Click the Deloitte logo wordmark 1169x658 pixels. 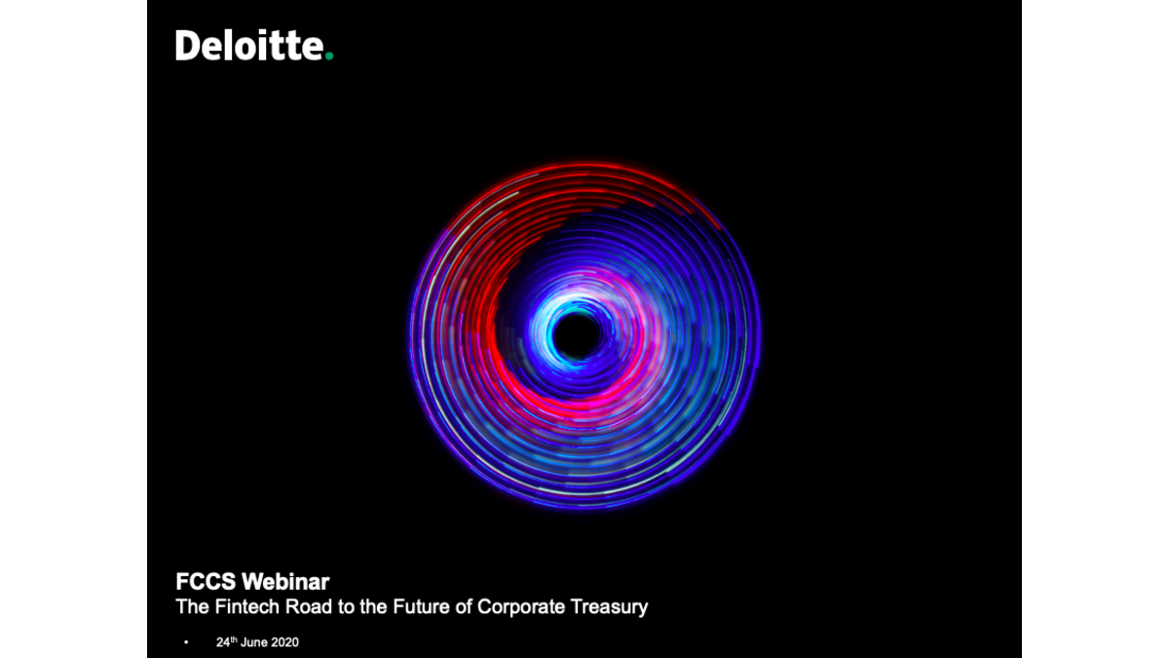click(x=254, y=46)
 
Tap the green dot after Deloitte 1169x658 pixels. click(x=329, y=56)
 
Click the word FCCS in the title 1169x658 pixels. click(x=206, y=582)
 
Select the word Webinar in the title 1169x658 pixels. click(x=285, y=582)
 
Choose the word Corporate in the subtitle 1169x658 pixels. click(x=521, y=606)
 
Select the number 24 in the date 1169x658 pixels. click(x=223, y=642)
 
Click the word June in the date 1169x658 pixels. click(x=253, y=642)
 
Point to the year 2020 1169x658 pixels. click(x=284, y=642)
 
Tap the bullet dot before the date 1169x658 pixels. click(x=186, y=642)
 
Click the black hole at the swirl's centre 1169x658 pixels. click(x=576, y=335)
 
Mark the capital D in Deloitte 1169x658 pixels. click(x=187, y=46)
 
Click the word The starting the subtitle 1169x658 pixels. click(x=193, y=606)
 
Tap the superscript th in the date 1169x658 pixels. click(x=234, y=639)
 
